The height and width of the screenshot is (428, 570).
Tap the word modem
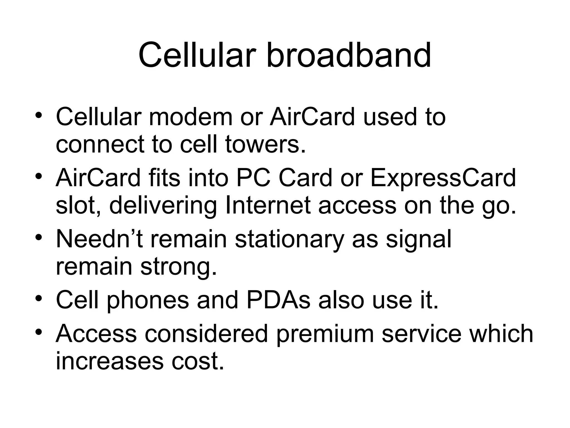(191, 117)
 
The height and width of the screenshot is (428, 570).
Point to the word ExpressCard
(443, 178)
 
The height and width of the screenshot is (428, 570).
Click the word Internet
(268, 205)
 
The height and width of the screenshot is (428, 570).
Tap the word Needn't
(99, 239)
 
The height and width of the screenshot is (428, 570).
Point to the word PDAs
(278, 300)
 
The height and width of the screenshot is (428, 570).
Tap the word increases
(110, 361)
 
